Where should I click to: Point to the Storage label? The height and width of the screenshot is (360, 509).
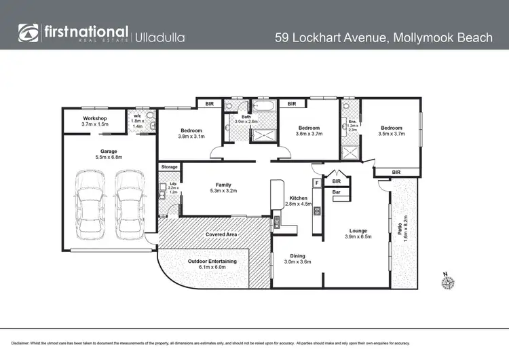170,166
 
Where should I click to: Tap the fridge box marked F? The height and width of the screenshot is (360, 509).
316,182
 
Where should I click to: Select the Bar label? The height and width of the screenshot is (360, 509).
336,192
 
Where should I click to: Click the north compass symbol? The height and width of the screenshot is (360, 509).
447,281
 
